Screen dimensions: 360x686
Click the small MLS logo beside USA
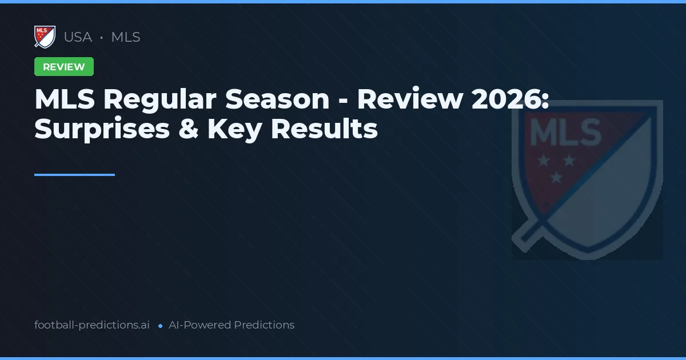(45, 37)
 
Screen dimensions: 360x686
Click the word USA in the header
(78, 37)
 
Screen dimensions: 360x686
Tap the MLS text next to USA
(126, 37)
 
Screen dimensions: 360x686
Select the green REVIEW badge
(64, 67)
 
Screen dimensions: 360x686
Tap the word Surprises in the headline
(102, 129)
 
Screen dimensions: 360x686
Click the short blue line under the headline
(74, 175)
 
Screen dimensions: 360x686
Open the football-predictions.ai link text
(92, 325)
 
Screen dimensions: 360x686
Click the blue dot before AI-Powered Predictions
(161, 326)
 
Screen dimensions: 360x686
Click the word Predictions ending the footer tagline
(264, 325)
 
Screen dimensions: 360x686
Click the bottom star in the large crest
(555, 178)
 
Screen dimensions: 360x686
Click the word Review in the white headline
(410, 99)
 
